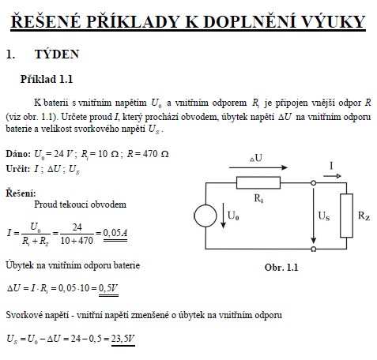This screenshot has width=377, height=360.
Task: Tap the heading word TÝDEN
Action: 57,54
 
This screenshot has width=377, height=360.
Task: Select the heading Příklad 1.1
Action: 47,79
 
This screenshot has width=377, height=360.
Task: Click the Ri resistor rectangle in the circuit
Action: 258,183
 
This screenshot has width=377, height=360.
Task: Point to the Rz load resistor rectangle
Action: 346,216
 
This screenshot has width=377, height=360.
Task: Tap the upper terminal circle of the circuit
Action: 313,183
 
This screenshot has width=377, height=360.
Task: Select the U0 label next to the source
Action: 233,216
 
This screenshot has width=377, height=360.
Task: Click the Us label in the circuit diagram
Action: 324,216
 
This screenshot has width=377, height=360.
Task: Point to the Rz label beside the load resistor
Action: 364,216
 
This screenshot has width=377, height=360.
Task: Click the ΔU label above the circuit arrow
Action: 256,158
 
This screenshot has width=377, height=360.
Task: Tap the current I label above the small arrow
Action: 331,166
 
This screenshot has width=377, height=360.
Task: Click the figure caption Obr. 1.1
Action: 281,268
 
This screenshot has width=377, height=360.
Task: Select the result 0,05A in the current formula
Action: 115,233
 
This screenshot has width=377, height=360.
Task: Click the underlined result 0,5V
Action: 108,288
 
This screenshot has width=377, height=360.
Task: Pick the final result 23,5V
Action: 123,339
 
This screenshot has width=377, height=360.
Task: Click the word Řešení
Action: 21,193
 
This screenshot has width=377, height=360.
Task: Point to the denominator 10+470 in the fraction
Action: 77,241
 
